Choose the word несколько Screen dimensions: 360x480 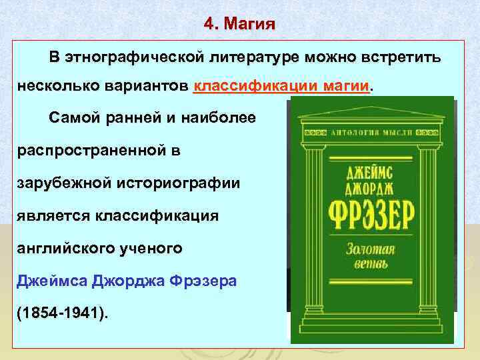[53, 87]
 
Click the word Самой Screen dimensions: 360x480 [73, 118]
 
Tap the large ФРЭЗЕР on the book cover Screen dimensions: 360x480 [371, 215]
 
